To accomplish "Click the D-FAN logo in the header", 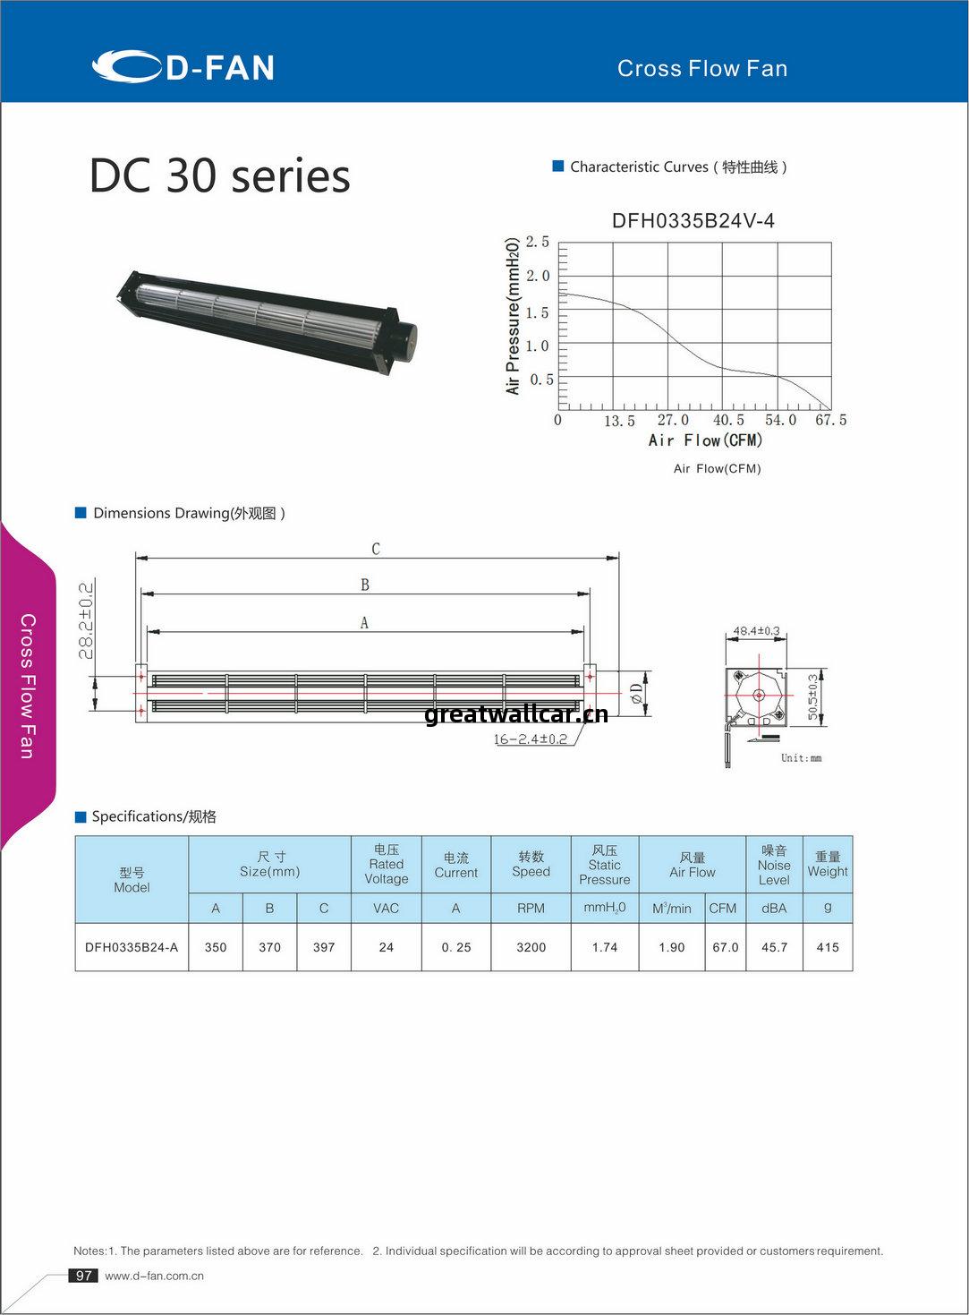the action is click(x=183, y=66).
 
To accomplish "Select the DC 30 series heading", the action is click(x=219, y=175).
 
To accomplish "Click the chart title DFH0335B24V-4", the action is click(x=693, y=221).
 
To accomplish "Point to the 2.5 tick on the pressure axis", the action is click(x=538, y=242).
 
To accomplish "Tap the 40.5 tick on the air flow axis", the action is click(x=728, y=420).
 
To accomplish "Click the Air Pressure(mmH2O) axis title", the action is click(x=513, y=316).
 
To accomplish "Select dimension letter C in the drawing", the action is click(x=376, y=549).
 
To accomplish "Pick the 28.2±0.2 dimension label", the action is click(x=86, y=620).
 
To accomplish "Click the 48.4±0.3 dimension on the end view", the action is click(x=757, y=631).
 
